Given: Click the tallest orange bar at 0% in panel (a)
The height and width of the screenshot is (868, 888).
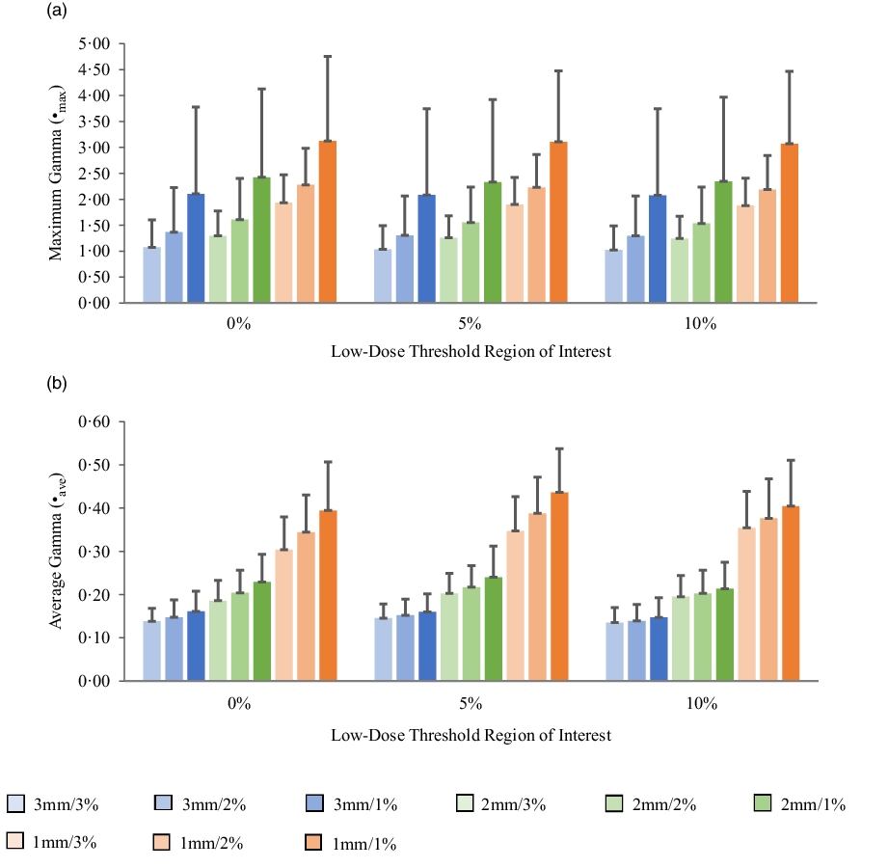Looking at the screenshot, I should click(328, 222).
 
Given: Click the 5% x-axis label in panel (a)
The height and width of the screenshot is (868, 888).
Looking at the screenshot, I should click(471, 325).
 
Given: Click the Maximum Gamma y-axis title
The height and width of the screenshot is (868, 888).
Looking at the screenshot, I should click(60, 174).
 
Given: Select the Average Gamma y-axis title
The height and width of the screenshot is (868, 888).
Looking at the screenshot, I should click(60, 552).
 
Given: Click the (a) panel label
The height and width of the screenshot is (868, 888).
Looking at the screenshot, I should click(56, 13).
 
